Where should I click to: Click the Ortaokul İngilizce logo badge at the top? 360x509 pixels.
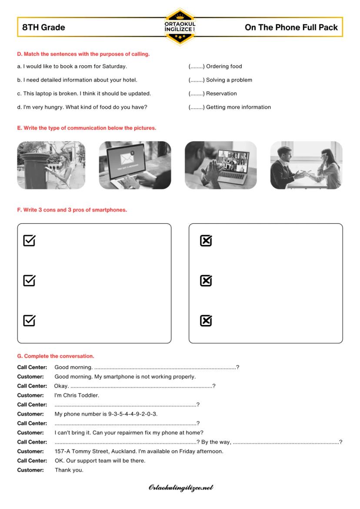click(180, 27)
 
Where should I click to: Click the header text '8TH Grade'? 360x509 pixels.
click(43, 27)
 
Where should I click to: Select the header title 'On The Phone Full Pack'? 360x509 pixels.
click(291, 27)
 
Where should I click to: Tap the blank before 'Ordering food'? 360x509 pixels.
click(197, 67)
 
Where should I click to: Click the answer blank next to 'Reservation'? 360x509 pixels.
click(197, 93)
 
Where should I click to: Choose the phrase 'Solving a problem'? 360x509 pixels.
click(229, 80)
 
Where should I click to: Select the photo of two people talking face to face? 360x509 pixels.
click(306, 165)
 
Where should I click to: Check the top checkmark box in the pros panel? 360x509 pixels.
click(29, 240)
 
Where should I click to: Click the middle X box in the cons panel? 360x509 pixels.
click(206, 281)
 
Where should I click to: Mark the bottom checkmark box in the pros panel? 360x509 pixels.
click(29, 321)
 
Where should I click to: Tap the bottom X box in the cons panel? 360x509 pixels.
click(206, 321)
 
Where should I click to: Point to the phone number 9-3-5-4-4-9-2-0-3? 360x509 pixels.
click(133, 414)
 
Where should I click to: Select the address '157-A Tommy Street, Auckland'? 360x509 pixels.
click(91, 451)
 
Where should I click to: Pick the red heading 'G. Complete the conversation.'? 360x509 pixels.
click(56, 356)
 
